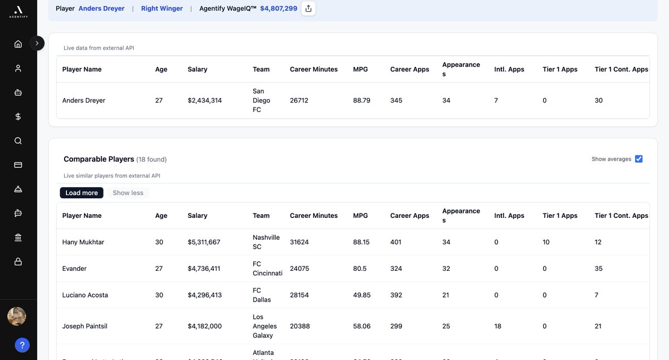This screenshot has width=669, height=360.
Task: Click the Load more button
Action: (81, 193)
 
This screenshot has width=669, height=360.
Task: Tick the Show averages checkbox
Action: (639, 159)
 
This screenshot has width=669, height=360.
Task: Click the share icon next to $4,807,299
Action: (308, 8)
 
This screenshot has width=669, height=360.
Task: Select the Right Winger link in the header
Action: (162, 8)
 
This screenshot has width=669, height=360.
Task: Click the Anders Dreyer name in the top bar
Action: (101, 8)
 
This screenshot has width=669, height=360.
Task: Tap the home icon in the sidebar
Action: (18, 44)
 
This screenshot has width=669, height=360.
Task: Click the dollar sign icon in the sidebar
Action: (18, 116)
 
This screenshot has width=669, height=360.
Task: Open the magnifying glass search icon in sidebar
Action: (18, 141)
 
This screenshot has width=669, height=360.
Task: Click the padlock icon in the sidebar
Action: (18, 261)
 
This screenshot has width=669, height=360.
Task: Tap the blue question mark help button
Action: (22, 346)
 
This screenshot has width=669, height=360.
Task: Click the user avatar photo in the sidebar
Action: (17, 317)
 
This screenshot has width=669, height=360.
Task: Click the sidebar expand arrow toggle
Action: (37, 43)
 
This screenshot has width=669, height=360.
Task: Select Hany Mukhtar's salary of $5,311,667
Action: (204, 242)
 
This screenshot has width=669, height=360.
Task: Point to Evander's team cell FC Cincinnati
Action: (267, 269)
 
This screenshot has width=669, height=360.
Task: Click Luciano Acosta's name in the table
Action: (85, 295)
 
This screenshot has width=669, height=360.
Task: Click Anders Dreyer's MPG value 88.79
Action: (362, 100)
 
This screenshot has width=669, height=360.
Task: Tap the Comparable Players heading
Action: (99, 159)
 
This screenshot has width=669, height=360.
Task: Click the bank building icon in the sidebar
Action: (18, 237)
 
